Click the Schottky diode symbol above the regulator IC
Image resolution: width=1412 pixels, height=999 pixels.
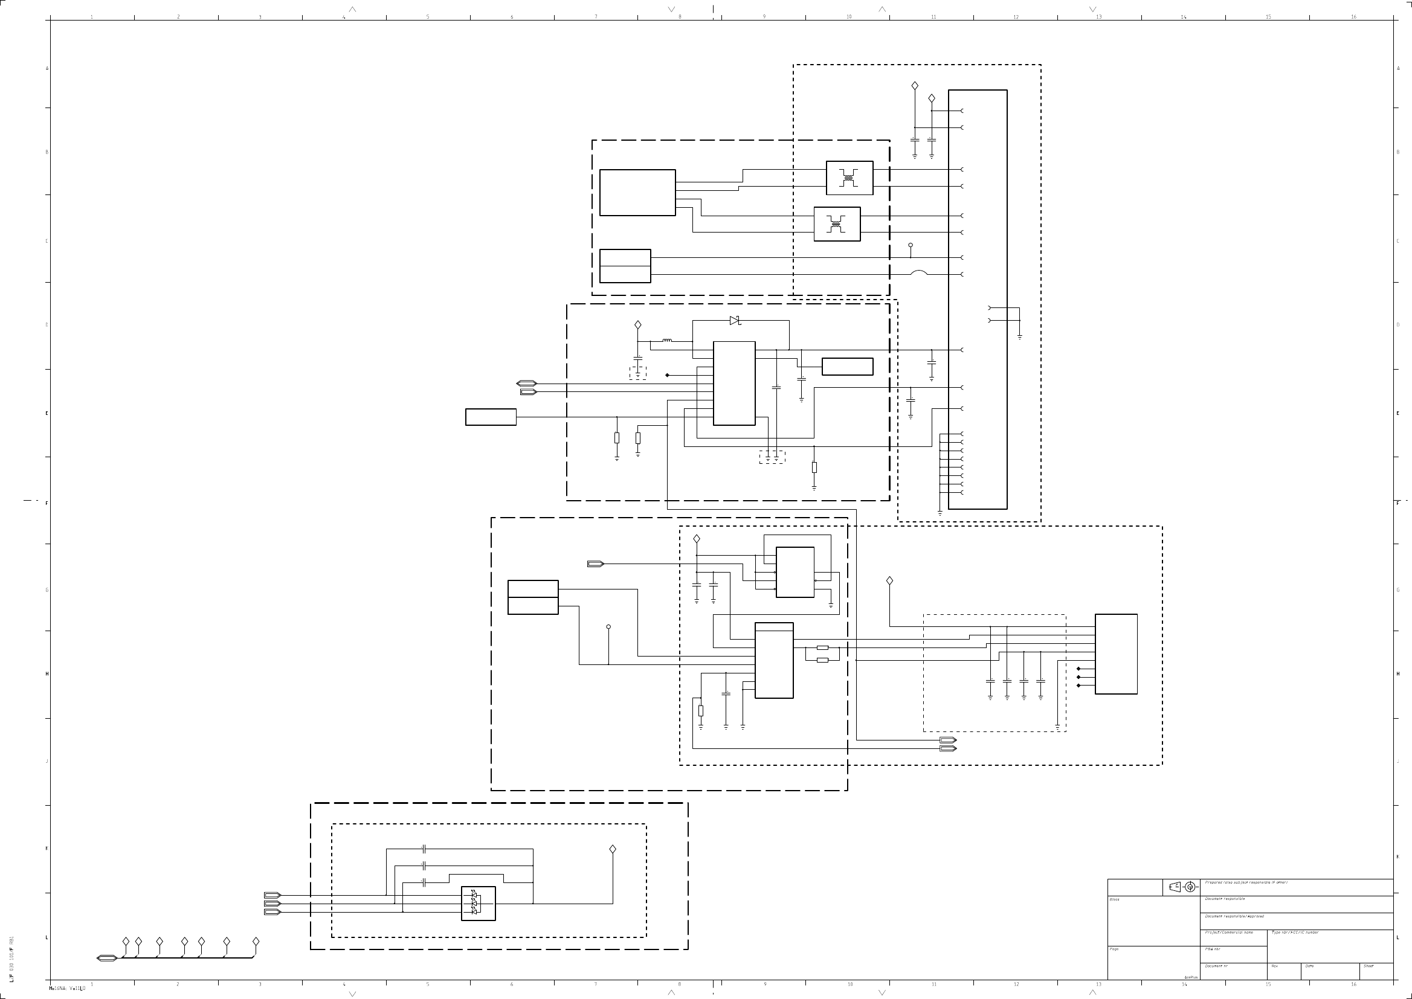[735, 321]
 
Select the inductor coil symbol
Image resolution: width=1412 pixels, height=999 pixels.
[667, 340]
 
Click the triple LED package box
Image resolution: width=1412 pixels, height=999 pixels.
[478, 904]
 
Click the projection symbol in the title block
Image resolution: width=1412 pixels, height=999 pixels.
[1182, 887]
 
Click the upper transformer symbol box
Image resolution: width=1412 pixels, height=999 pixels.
[849, 178]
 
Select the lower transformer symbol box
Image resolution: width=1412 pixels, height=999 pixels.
[837, 224]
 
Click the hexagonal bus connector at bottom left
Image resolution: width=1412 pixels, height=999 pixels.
[106, 958]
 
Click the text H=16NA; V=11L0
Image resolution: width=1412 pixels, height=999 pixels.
[67, 989]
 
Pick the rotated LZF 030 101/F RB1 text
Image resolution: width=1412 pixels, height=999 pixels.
[11, 960]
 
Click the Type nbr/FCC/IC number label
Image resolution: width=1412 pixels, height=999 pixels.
[1295, 933]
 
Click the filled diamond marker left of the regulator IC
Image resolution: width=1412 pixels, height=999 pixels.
[668, 374]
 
